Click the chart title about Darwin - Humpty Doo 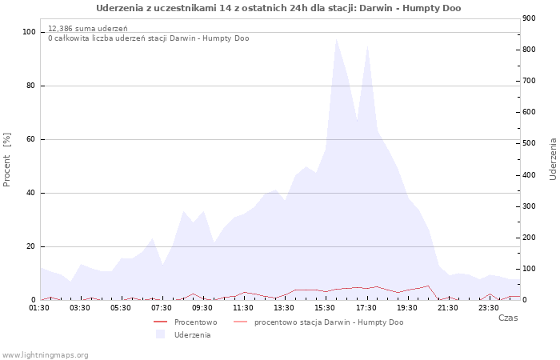pos(278,8)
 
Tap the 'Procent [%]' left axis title pos(7,160)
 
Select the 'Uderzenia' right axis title pos(553,158)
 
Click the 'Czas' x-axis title pos(507,318)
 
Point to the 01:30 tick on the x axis pos(41,306)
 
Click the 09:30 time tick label pos(202,306)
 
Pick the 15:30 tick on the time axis pos(325,306)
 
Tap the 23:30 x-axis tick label pos(488,306)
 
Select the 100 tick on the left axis pos(29,32)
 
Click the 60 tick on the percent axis pos(31,139)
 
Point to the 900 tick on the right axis pos(528,18)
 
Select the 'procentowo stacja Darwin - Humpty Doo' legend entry pos(328,322)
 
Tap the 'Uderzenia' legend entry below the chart pos(192,334)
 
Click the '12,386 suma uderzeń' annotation pos(82,28)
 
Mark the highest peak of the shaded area pos(336,38)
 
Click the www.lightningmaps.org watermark pos(46,354)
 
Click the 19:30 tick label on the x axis pos(406,306)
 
